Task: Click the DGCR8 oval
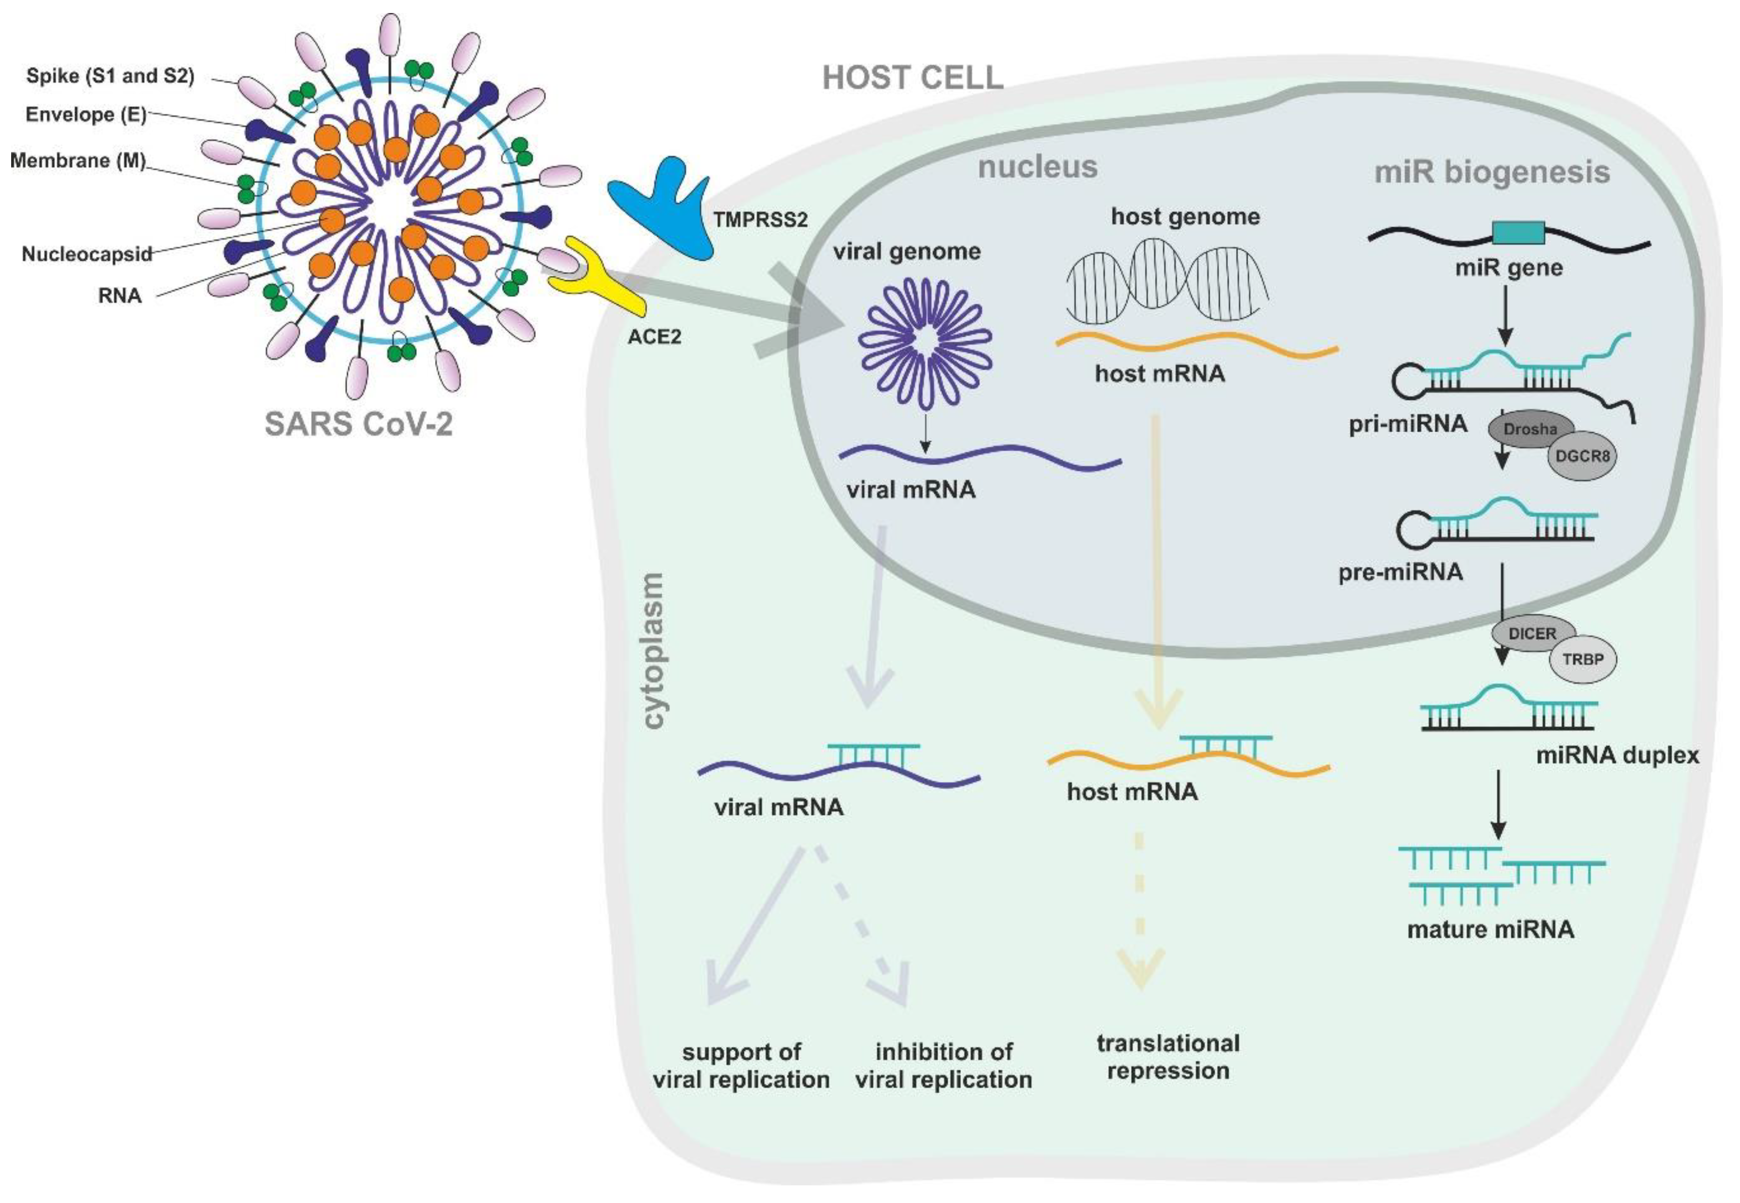(1581, 456)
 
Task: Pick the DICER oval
(1532, 634)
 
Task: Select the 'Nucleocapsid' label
(87, 254)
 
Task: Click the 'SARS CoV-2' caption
(359, 424)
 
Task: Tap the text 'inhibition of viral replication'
(943, 1066)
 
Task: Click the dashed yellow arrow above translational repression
(1139, 912)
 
